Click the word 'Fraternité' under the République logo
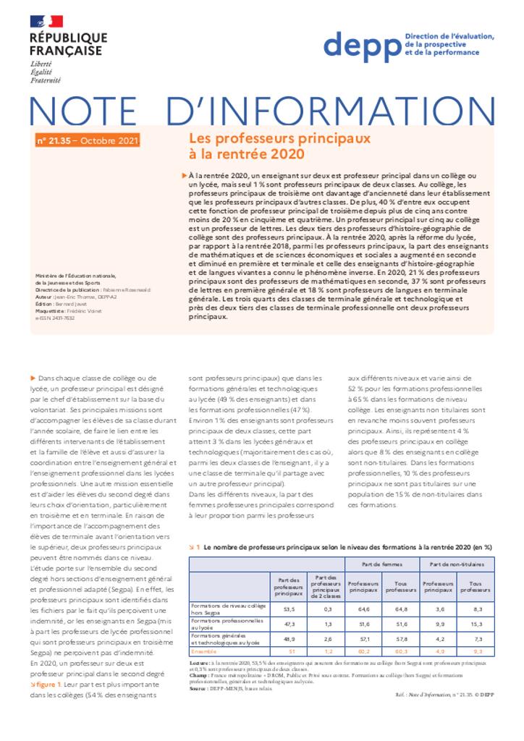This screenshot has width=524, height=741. click(x=46, y=80)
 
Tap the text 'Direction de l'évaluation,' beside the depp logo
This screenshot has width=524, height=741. click(x=449, y=36)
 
